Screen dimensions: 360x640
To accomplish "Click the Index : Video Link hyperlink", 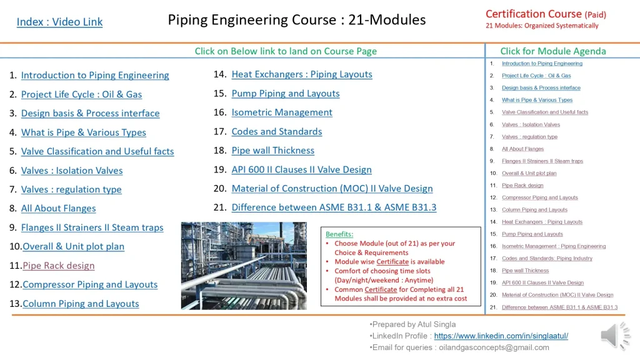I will [x=59, y=22].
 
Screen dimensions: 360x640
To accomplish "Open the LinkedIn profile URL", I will [x=501, y=336].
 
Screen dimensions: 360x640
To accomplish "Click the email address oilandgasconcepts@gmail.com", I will [x=494, y=347].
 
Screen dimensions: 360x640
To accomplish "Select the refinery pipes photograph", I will [x=244, y=266].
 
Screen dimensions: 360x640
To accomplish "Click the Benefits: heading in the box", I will [x=339, y=234].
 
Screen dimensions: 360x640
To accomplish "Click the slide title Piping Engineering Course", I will [x=296, y=20].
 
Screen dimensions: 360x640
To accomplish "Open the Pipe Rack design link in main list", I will [x=59, y=266].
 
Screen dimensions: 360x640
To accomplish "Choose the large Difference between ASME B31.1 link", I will [x=334, y=207].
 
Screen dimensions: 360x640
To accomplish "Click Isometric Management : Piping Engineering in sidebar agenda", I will [x=553, y=246].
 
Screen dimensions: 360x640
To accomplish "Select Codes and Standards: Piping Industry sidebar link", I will [x=547, y=258].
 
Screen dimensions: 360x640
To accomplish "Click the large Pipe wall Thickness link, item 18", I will [x=272, y=151].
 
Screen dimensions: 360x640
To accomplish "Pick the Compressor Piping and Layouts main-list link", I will [x=90, y=284].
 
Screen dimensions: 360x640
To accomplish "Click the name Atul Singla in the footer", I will [x=434, y=324].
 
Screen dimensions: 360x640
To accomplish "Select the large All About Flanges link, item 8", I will [x=58, y=208].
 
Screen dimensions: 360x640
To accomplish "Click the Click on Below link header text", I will [x=286, y=51].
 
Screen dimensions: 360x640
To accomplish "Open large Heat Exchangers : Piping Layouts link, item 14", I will [x=301, y=74].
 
